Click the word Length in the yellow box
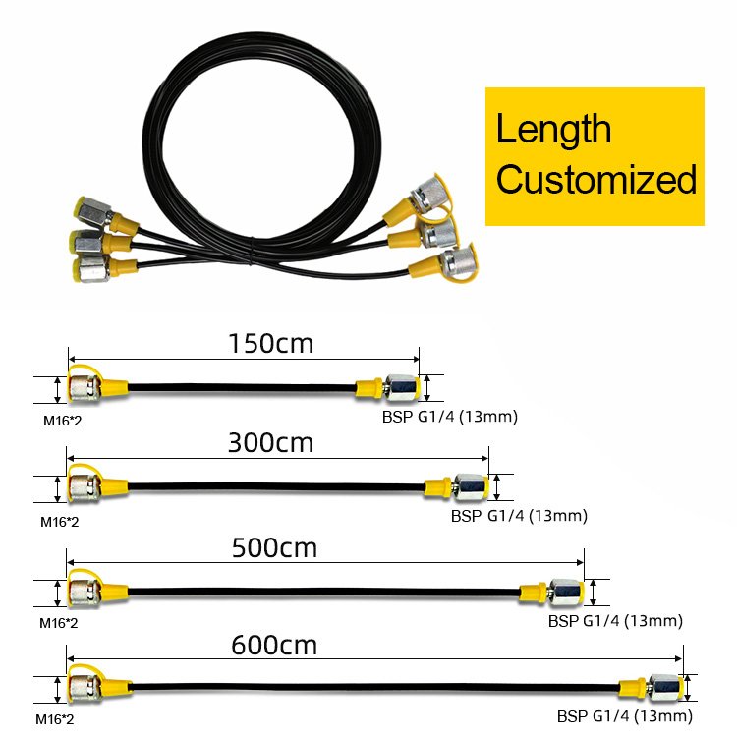point(553,130)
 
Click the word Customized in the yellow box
point(596,180)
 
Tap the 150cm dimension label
point(270,344)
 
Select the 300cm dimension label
point(270,442)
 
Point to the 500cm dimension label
point(275,547)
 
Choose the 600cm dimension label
point(275,646)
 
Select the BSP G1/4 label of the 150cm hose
point(450,417)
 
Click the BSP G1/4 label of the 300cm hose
point(519,515)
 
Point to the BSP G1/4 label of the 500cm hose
point(615,620)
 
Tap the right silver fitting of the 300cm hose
point(472,486)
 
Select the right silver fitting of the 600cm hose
point(666,688)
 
